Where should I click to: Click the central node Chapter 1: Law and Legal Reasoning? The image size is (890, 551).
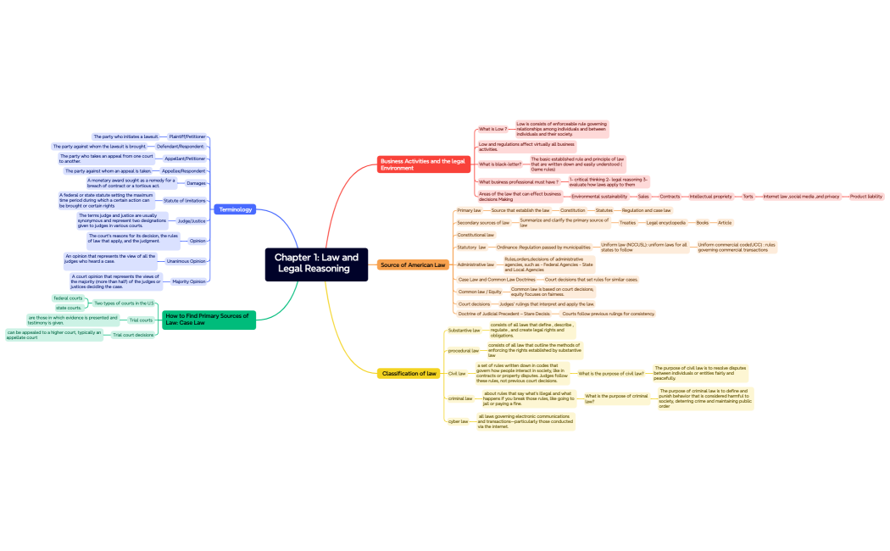[316, 263]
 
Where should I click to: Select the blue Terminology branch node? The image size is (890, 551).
[235, 209]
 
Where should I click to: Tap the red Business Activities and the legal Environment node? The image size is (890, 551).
[423, 164]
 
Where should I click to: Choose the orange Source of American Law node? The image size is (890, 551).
[413, 265]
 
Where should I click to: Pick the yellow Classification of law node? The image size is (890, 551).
[409, 373]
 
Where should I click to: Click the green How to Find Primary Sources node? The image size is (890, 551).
[207, 319]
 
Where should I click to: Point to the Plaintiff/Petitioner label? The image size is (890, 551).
[187, 136]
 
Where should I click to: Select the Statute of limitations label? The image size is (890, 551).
[184, 201]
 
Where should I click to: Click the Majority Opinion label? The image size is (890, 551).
[188, 281]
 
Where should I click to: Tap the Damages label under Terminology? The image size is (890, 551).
[196, 183]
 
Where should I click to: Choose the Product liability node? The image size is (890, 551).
[865, 196]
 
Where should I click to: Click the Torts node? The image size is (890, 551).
[748, 196]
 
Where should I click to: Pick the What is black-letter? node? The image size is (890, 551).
[500, 164]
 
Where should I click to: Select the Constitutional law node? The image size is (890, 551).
[476, 235]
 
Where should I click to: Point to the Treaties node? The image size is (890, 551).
[627, 223]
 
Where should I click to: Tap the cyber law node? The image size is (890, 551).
[458, 421]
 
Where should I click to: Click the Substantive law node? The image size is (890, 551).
[464, 331]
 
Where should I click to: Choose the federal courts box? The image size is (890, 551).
[69, 298]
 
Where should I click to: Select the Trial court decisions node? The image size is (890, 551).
[133, 335]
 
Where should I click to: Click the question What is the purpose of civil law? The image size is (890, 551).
[610, 373]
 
